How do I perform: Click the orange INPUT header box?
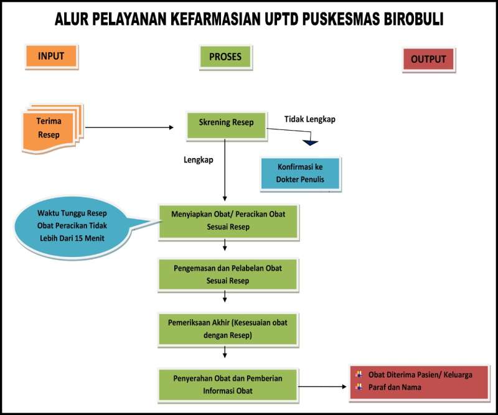click(52, 57)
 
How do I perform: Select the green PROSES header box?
click(225, 57)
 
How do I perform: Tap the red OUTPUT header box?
click(428, 59)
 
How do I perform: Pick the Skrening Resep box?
click(227, 126)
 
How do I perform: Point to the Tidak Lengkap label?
click(309, 119)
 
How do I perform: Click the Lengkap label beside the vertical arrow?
click(199, 160)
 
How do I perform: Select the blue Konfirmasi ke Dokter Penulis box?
click(301, 174)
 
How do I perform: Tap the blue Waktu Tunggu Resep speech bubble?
click(72, 226)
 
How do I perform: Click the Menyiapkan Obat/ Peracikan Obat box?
click(228, 221)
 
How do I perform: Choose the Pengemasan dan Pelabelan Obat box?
click(228, 275)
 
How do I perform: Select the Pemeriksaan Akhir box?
click(228, 330)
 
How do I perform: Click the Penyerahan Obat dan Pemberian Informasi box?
click(228, 385)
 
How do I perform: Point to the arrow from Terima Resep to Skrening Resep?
click(129, 128)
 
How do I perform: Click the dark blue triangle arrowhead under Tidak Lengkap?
click(310, 142)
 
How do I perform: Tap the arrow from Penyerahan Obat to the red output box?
click(322, 387)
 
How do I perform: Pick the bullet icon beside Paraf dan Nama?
click(359, 387)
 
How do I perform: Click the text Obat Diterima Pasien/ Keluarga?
click(420, 375)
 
